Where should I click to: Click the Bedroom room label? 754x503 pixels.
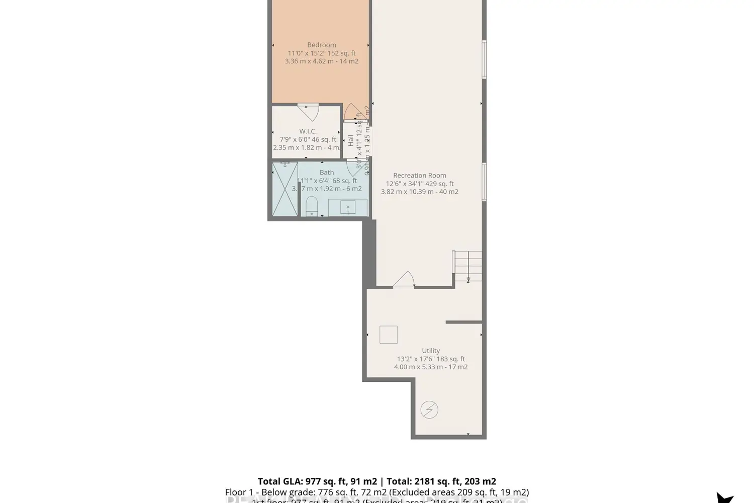(321, 45)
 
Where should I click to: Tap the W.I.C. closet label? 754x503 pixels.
(308, 131)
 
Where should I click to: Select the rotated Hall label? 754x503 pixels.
(350, 140)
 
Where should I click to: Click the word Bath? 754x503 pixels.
(327, 173)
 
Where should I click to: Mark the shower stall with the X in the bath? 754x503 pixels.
(285, 189)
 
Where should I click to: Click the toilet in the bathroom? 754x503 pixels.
(312, 206)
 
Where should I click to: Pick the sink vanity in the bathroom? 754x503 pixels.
(347, 207)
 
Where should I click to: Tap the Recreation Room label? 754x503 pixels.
(420, 176)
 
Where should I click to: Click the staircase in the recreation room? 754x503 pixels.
(467, 266)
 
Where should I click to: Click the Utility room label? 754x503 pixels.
(431, 351)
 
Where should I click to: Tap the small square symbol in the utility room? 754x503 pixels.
(388, 334)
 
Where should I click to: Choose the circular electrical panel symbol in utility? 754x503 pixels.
(429, 410)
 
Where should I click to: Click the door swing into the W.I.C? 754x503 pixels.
(308, 111)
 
